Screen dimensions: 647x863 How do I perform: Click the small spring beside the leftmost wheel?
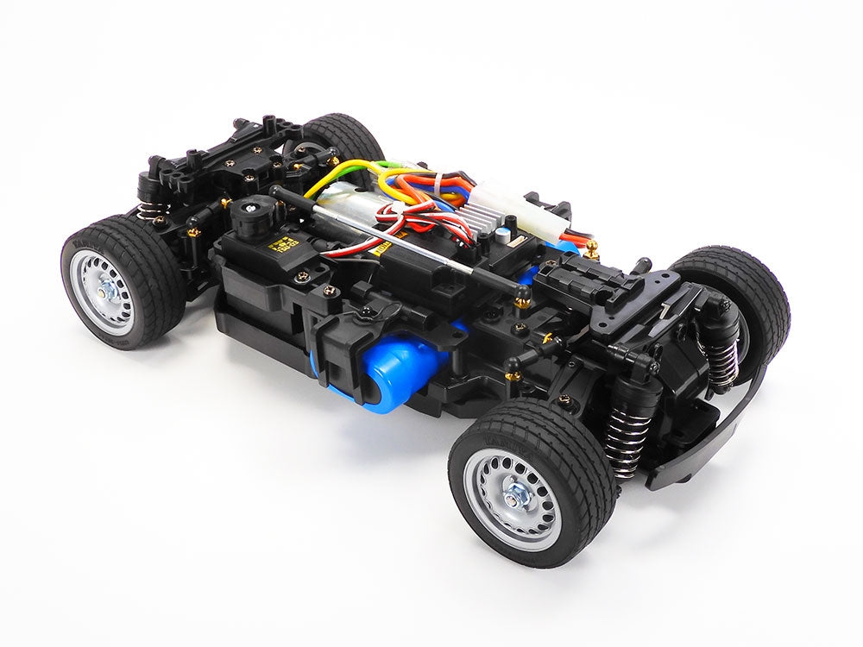(147, 209)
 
